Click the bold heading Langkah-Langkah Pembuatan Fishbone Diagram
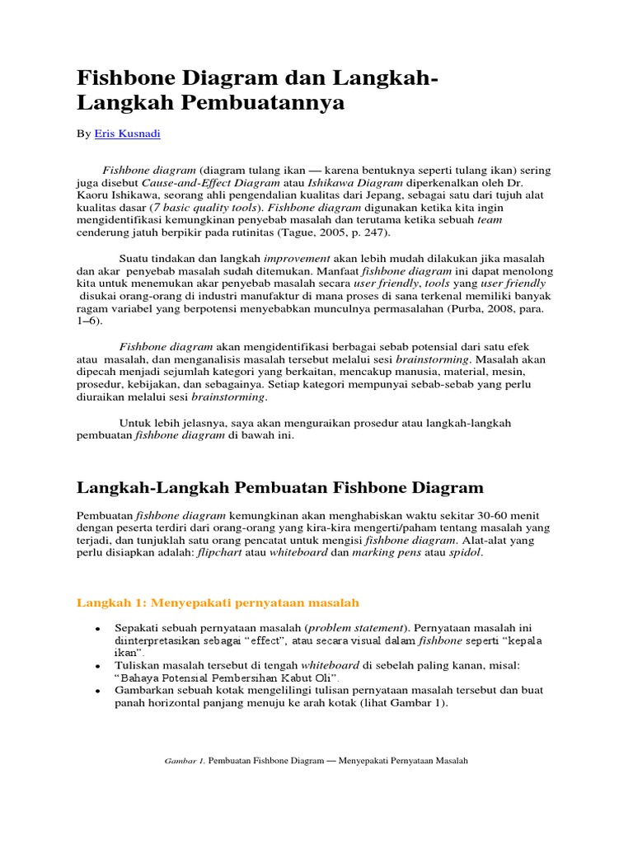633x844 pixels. (279, 489)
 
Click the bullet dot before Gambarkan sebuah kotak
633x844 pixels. (98, 691)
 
